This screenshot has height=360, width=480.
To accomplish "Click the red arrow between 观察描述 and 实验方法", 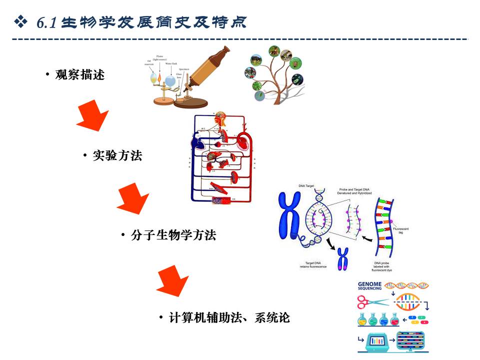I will point(92,115).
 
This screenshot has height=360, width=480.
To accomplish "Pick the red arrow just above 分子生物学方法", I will point(133,198).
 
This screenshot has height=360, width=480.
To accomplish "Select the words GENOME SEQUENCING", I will point(369,286).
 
